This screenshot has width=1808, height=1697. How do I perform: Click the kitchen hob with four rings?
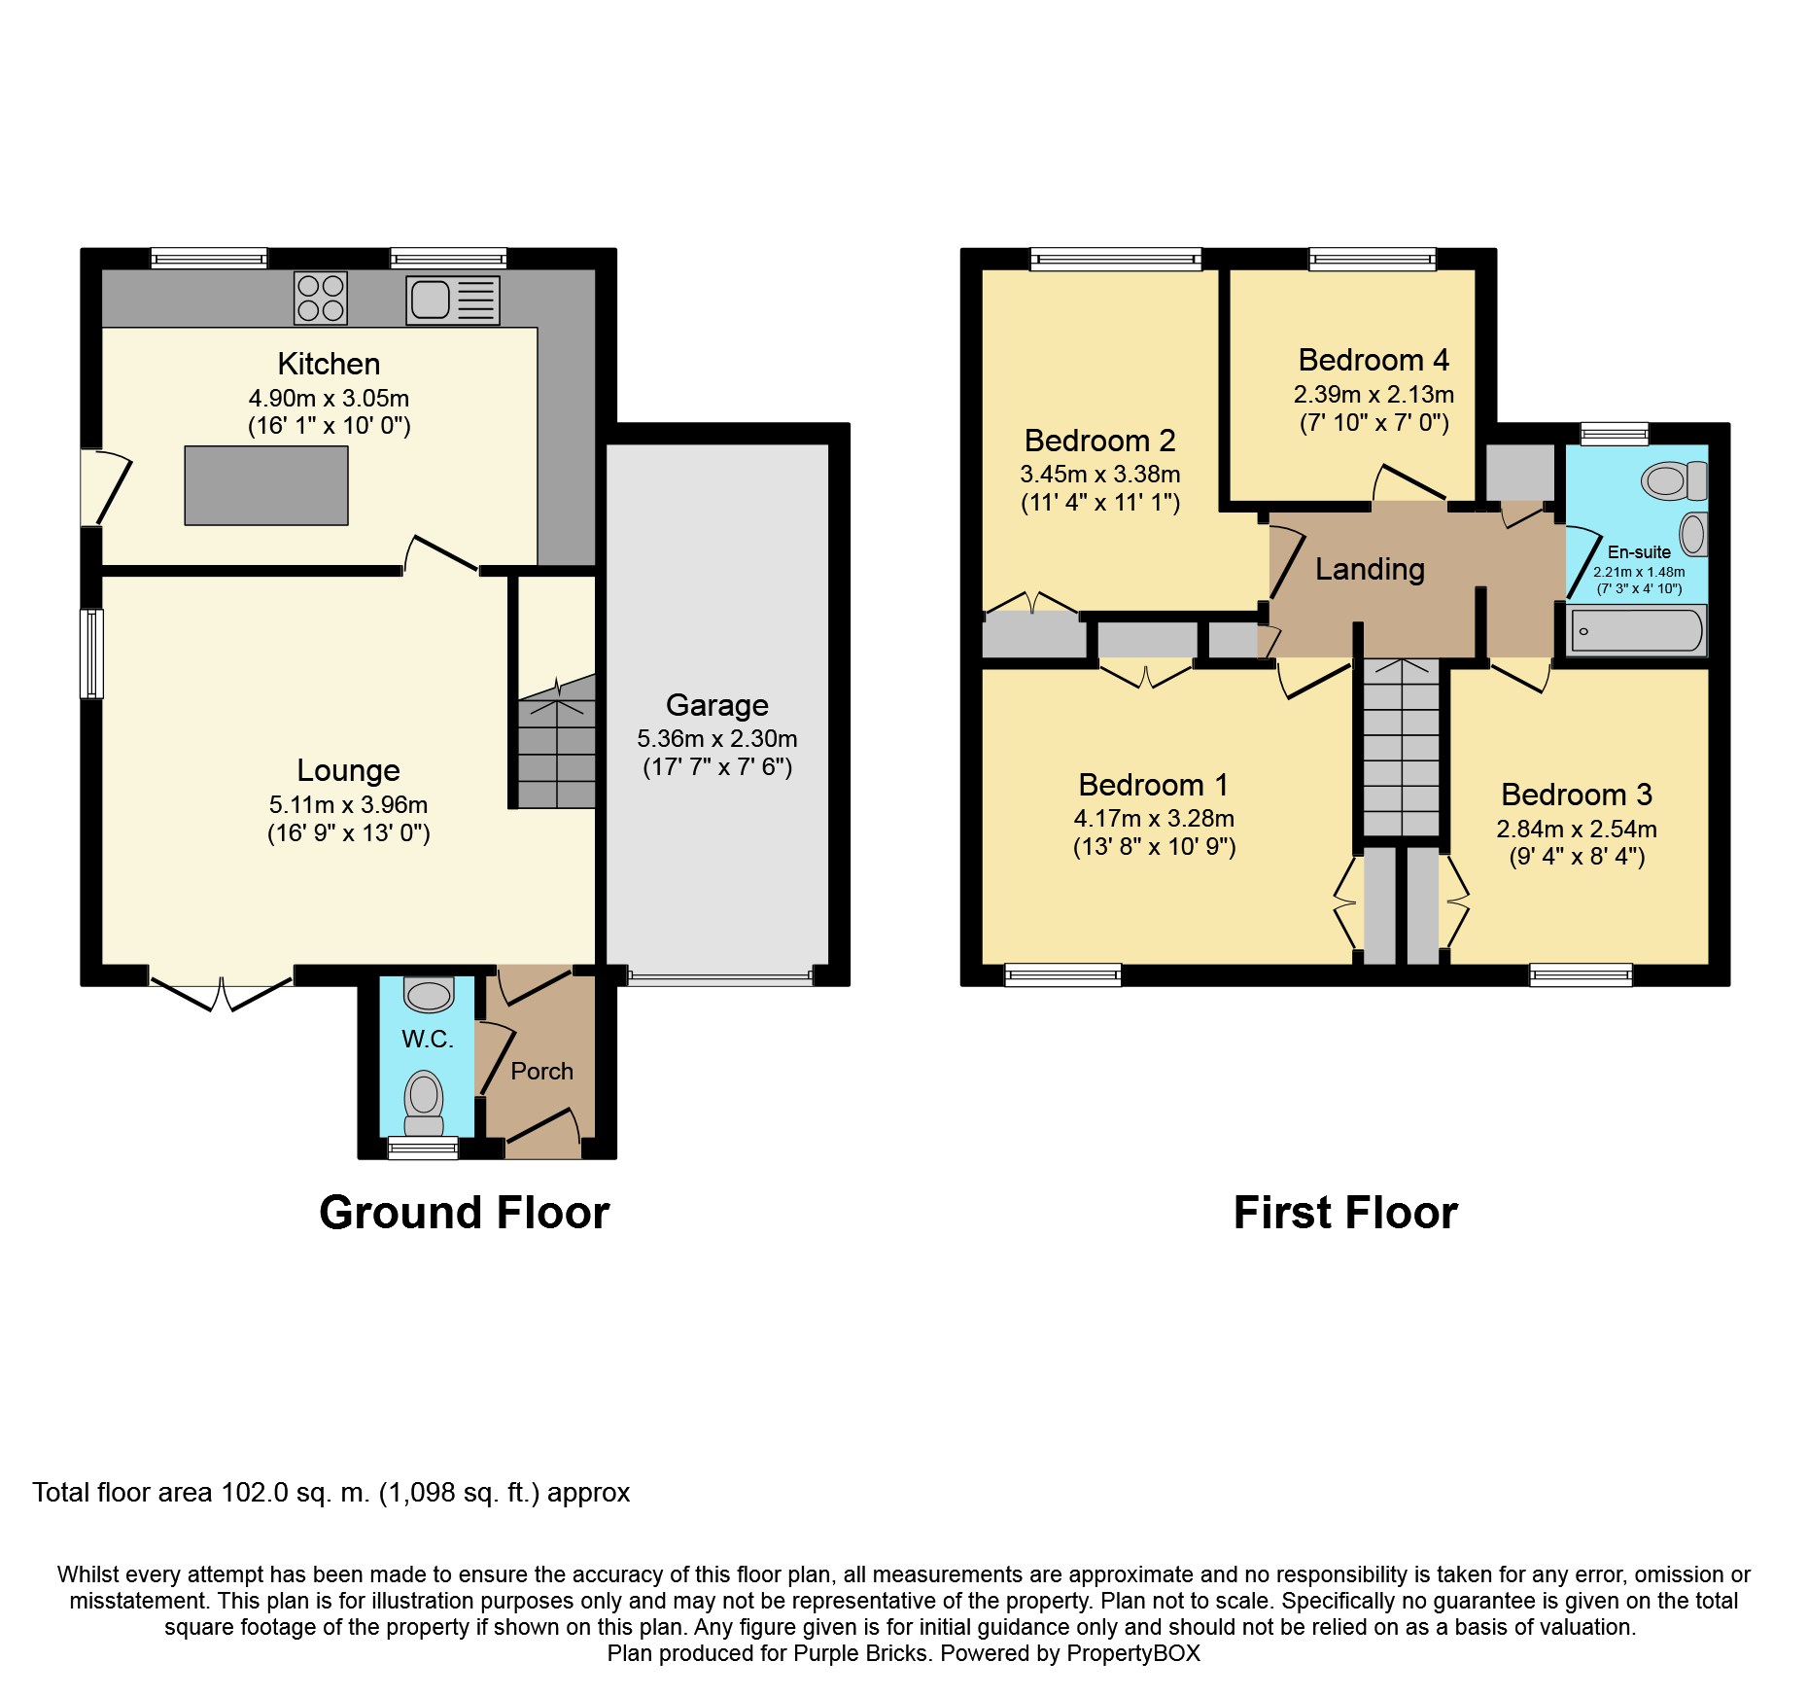coord(321,298)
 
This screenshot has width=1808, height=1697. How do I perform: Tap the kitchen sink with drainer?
coord(453,300)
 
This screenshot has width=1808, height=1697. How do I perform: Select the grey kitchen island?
coord(266,485)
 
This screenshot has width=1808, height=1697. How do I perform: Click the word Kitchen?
coord(329,364)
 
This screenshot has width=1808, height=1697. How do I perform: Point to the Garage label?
coord(717,705)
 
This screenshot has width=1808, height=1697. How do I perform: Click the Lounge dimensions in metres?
coord(348,805)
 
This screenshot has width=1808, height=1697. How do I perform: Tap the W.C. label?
coord(428,1040)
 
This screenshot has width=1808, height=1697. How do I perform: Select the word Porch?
coord(541,1071)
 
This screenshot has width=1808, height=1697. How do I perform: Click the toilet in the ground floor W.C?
coord(424,1103)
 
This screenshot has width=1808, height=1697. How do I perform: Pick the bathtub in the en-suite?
coord(1637,630)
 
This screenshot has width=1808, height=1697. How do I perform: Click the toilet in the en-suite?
coord(1675,480)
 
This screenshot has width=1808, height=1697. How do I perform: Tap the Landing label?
coord(1370,569)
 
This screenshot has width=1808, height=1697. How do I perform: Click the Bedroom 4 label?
coord(1373,360)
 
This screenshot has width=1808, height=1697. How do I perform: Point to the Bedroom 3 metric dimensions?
coord(1577,830)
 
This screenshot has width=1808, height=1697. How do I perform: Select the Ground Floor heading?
coord(465,1213)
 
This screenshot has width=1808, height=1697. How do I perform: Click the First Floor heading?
coord(1345,1213)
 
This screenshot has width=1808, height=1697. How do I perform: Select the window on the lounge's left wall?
coord(91,654)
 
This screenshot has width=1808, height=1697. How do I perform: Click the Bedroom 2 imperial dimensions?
coord(1100,503)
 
